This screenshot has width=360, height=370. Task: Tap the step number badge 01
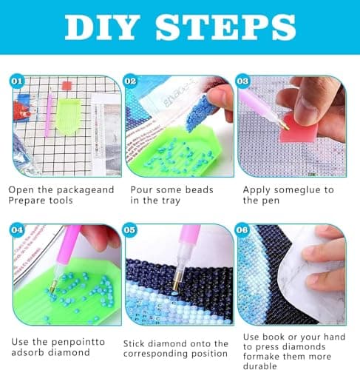[x=18, y=80]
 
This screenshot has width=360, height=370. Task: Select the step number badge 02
[x=130, y=80]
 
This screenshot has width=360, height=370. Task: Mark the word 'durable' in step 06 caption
[x=262, y=365]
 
